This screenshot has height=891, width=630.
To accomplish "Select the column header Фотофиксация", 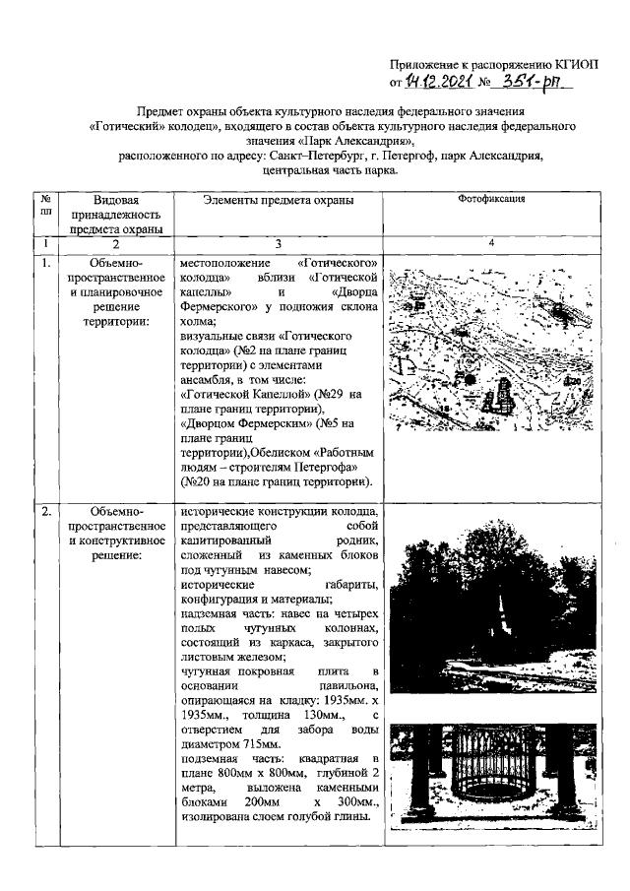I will pyautogui.click(x=491, y=199).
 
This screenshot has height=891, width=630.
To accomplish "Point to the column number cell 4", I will pyautogui.click(x=490, y=244).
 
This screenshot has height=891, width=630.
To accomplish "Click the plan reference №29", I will pyautogui.click(x=333, y=395).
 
